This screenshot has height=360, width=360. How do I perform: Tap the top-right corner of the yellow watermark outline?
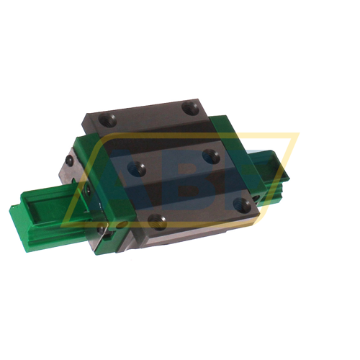click(297, 134)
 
